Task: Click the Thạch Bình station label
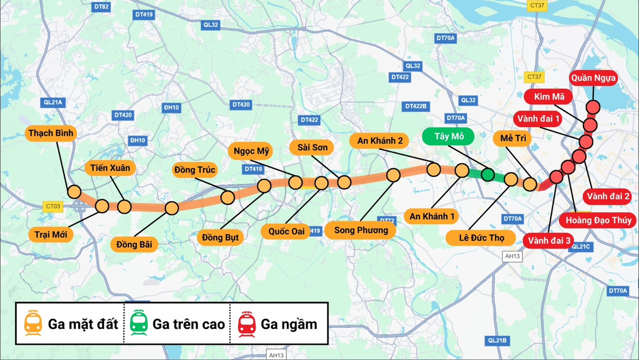(51, 133)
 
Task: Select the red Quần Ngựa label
(594, 78)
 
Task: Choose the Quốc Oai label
(286, 231)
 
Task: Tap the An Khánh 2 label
(379, 141)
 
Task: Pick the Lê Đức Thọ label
(481, 238)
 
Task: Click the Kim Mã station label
(549, 97)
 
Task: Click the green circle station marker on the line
(488, 174)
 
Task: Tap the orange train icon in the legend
(33, 323)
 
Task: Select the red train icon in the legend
(247, 323)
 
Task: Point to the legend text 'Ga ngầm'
(289, 324)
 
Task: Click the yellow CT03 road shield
(53, 206)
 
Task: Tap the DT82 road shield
(101, 7)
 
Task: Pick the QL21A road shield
(53, 103)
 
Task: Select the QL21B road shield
(497, 341)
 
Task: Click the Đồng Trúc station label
(195, 170)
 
